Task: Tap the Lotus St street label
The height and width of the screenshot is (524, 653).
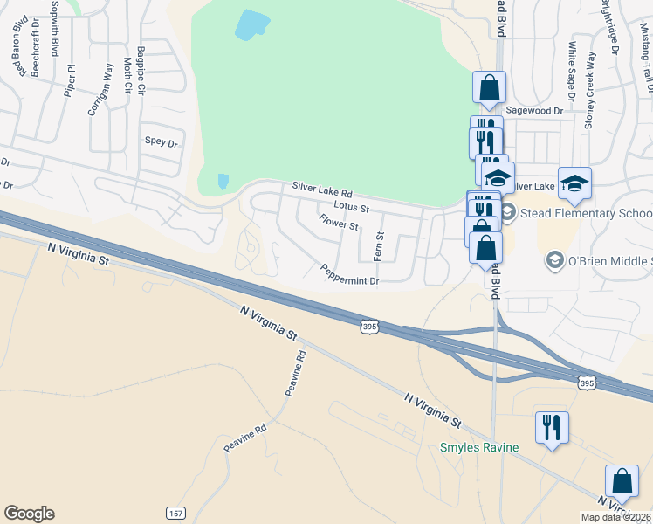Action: [352, 208]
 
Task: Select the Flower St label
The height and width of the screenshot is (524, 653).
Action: [338, 224]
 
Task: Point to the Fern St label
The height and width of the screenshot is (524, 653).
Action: [379, 246]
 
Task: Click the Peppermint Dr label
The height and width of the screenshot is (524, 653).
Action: [349, 274]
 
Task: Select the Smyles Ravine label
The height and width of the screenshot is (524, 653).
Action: [478, 447]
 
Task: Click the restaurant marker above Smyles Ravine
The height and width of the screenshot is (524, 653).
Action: [551, 427]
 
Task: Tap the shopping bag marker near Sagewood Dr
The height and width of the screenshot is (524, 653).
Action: [489, 87]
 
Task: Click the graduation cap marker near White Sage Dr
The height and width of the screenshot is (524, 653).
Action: [574, 183]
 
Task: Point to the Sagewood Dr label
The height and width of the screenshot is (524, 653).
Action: [534, 111]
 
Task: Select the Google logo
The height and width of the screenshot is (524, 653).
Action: [29, 514]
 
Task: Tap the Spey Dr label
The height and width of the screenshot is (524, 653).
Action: [161, 141]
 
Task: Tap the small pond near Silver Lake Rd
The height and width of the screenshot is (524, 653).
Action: [223, 182]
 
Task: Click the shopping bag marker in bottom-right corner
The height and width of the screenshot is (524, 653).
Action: [621, 481]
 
